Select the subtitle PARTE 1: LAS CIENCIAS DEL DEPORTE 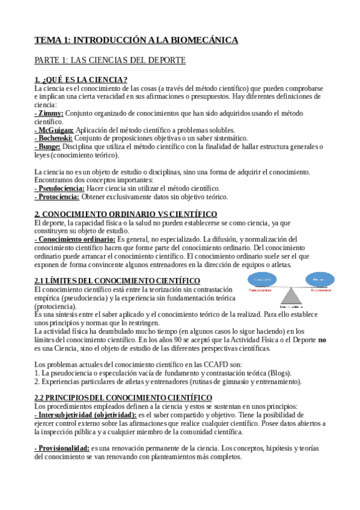(x=110, y=60)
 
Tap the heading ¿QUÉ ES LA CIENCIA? (x=81, y=80)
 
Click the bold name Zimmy (x=49, y=113)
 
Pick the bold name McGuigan (x=55, y=129)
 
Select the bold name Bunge (x=49, y=146)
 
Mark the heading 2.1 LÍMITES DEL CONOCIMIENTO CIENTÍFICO (x=117, y=281)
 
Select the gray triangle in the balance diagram (x=293, y=297)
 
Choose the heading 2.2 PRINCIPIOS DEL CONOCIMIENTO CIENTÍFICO (x=123, y=398)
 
